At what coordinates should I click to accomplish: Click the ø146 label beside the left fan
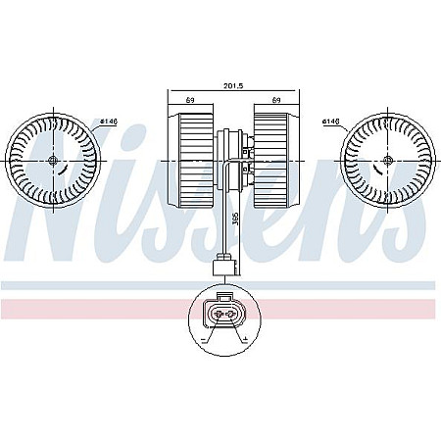(x=109, y=122)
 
